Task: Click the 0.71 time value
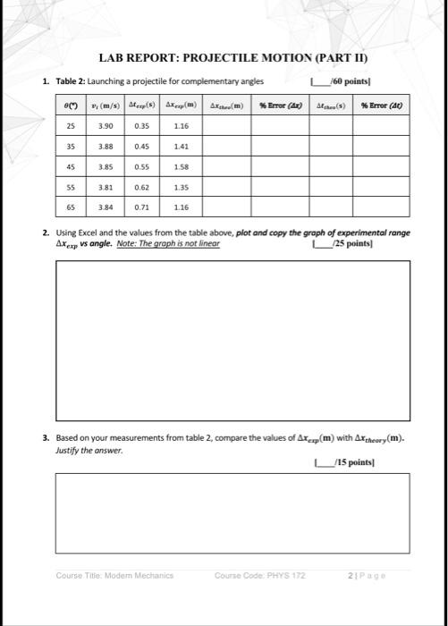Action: tap(140, 207)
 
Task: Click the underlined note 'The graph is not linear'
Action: tap(185, 242)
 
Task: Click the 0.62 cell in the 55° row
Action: tap(140, 187)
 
